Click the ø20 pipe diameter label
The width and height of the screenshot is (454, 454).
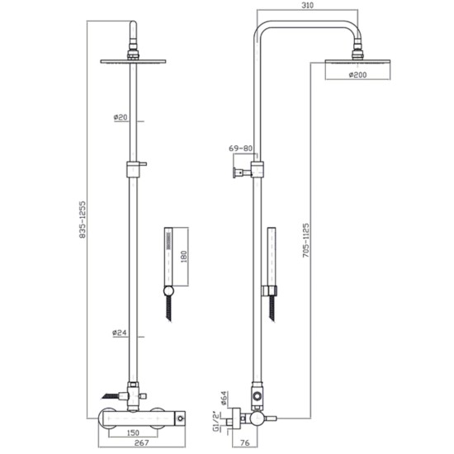[x=121, y=116]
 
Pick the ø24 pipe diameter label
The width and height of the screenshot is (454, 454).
[x=121, y=333]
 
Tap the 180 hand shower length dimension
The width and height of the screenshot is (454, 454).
[x=184, y=255]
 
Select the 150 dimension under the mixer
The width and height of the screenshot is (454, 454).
[x=132, y=432]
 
